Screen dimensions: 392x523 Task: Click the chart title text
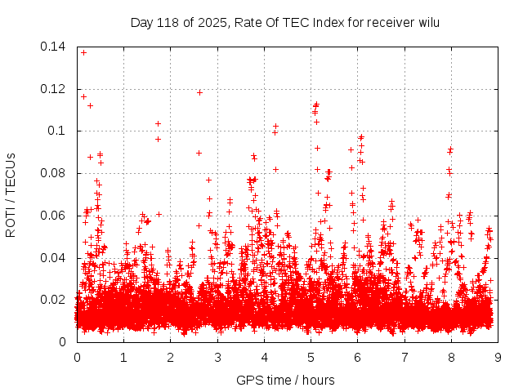click(285, 22)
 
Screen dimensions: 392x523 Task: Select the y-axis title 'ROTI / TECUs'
click(11, 194)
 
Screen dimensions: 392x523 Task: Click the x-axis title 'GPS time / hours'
click(285, 380)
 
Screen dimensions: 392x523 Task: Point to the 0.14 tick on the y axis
click(54, 47)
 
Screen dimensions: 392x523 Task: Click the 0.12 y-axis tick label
click(54, 89)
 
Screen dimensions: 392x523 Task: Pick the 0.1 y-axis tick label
click(57, 131)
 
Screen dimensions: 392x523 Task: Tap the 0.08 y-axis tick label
click(54, 173)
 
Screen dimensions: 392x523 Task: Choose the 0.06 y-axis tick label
click(54, 216)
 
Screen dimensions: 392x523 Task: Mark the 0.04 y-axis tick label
click(54, 258)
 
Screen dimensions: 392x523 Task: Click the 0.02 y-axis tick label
click(54, 300)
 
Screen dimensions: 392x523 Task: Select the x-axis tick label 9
click(498, 357)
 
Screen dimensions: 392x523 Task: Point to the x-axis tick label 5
click(311, 357)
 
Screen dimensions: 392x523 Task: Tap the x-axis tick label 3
click(217, 357)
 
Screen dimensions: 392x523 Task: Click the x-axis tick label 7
click(405, 357)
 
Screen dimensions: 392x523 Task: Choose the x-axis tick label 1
click(123, 357)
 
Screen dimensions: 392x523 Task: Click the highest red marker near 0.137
click(83, 52)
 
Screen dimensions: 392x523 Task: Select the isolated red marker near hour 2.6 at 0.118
click(199, 92)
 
